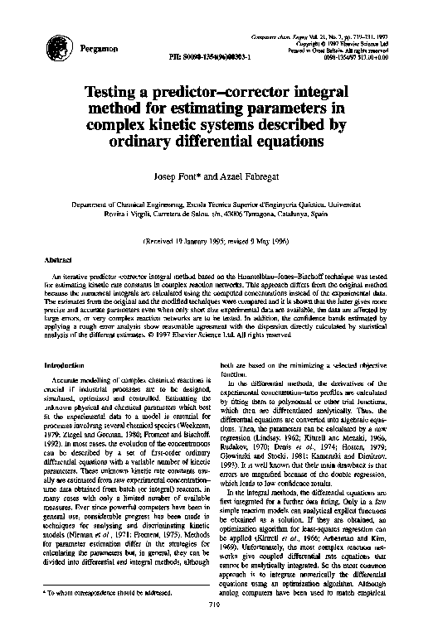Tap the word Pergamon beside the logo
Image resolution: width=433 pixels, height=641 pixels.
(x=97, y=51)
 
